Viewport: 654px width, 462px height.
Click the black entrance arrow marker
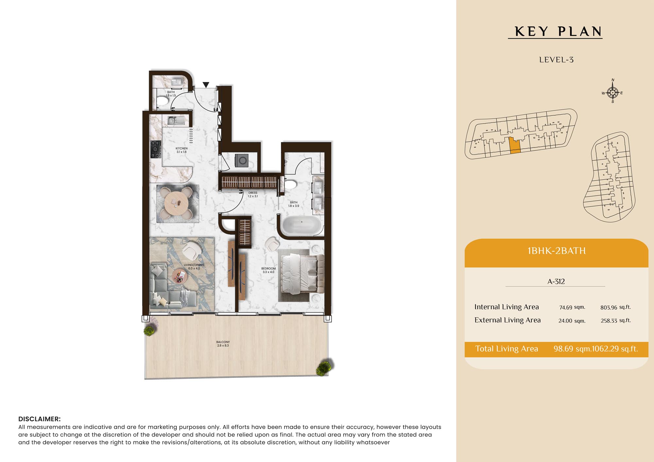[x=206, y=85]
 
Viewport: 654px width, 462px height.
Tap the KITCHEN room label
[x=181, y=148]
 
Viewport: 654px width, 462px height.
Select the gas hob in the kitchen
[x=156, y=149]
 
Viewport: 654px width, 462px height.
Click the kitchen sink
[x=176, y=121]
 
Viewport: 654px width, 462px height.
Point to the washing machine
[x=241, y=160]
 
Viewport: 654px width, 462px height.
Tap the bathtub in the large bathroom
[x=301, y=225]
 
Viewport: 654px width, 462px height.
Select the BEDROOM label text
[x=268, y=269]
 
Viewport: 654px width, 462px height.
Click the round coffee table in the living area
[x=180, y=277]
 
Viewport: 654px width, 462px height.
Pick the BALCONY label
[x=223, y=342]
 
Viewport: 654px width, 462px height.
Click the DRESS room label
[x=253, y=193]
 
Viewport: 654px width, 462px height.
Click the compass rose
[x=612, y=92]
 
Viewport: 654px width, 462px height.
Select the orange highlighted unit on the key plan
[x=515, y=145]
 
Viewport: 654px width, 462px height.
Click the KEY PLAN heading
[x=559, y=32]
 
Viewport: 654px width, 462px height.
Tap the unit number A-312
[x=556, y=282]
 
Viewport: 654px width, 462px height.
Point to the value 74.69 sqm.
[x=572, y=307]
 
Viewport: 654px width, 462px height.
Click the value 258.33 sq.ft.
[x=616, y=321]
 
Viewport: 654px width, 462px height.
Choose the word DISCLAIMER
[x=40, y=419]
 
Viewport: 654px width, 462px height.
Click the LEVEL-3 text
[x=556, y=60]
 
